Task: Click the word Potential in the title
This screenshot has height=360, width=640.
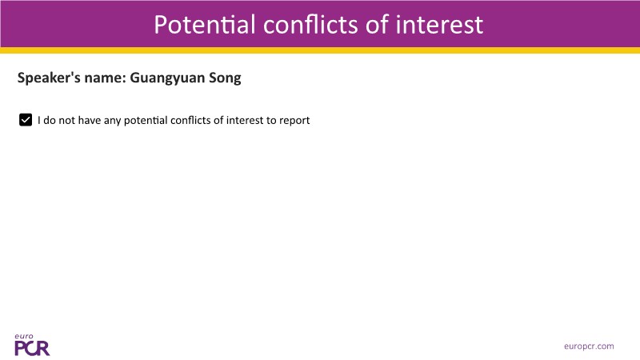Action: point(205,25)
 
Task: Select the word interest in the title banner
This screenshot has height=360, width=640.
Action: point(439,25)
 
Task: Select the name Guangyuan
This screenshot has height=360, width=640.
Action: point(167,78)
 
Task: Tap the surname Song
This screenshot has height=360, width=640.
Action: point(225,78)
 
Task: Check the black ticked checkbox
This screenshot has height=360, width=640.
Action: point(26,120)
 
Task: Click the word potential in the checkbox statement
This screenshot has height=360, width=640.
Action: point(146,121)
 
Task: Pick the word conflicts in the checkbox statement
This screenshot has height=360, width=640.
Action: point(190,120)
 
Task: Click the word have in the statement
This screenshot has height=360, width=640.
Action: point(90,120)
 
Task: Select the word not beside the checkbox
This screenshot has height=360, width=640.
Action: point(67,121)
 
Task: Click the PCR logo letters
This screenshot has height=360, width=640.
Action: point(32,348)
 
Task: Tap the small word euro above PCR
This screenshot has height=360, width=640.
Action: point(24,336)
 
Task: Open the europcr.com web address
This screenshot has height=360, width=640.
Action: point(589,346)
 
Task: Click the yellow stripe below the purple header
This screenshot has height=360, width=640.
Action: point(320,50)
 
